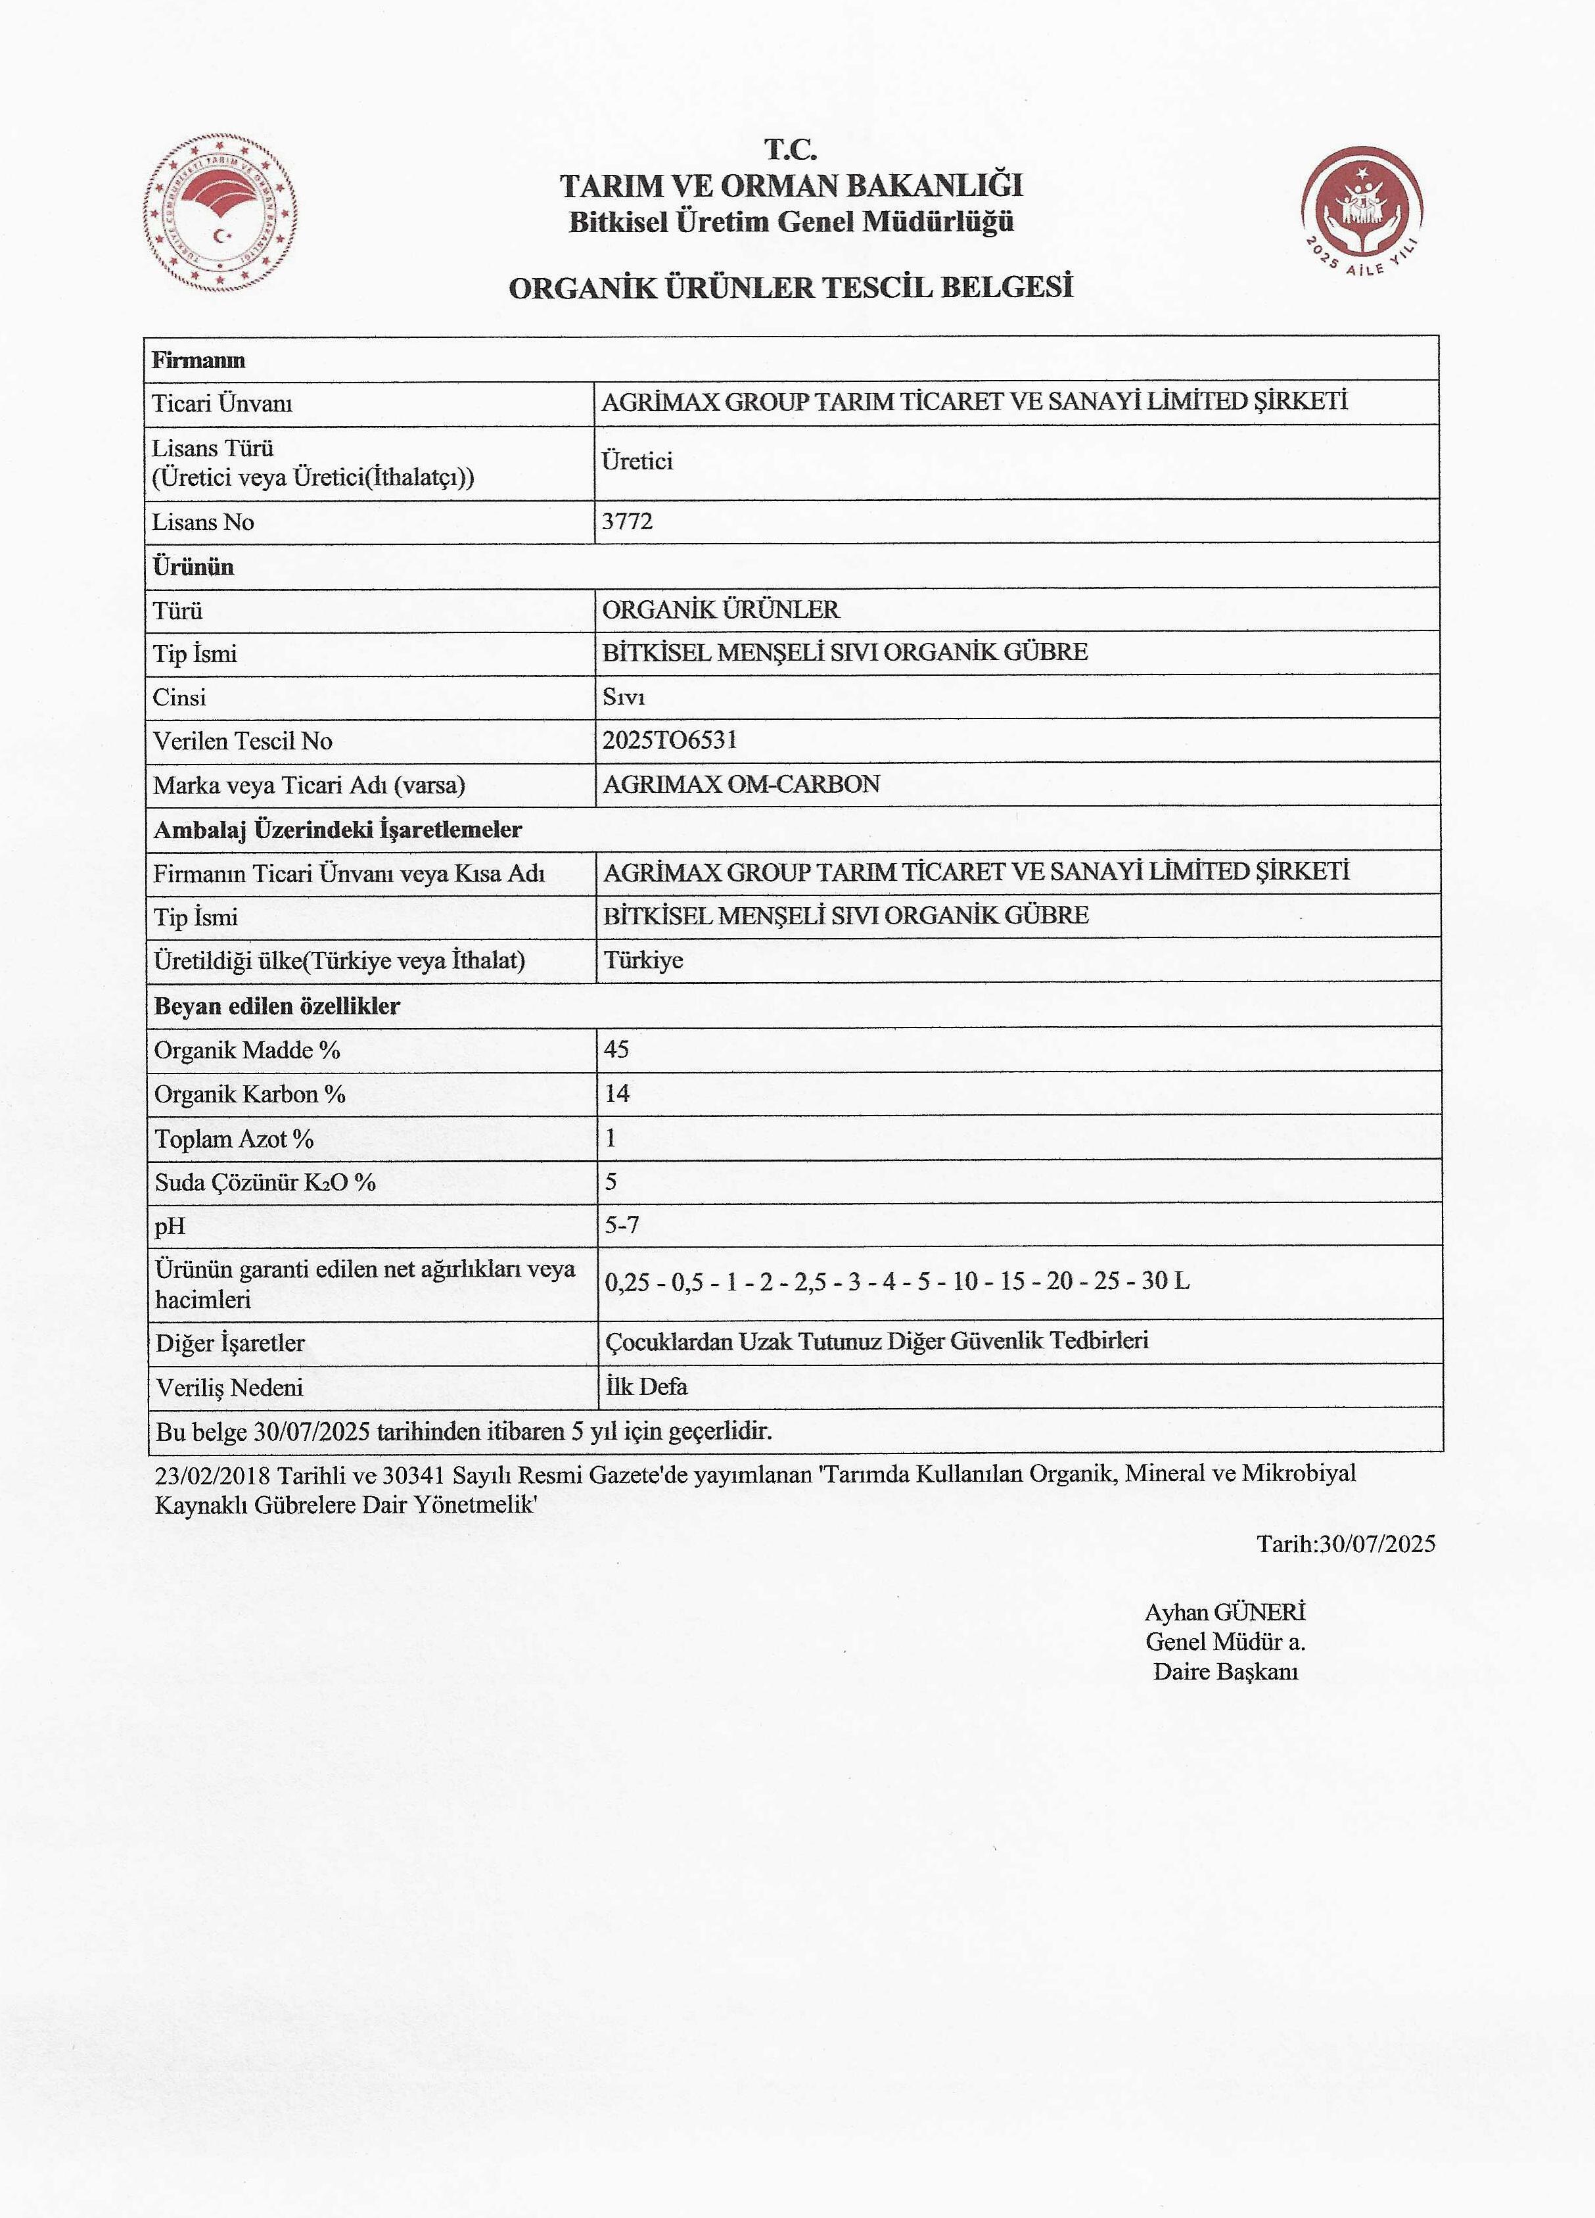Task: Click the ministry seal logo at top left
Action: [x=221, y=214]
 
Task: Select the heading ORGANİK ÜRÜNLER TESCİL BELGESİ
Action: [x=791, y=287]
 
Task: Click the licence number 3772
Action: [x=627, y=521]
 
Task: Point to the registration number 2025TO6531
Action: [x=670, y=740]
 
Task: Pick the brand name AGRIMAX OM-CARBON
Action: [x=741, y=784]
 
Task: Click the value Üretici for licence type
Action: [x=637, y=461]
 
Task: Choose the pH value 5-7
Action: [x=622, y=1225]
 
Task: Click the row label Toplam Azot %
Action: [x=234, y=1139]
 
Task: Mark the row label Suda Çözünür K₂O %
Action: [x=265, y=1183]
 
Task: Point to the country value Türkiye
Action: [x=643, y=960]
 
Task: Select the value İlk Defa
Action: [x=645, y=1386]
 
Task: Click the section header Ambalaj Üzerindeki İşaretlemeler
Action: [x=337, y=830]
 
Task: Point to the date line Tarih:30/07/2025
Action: [x=1346, y=1544]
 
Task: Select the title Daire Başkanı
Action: [x=1226, y=1671]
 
